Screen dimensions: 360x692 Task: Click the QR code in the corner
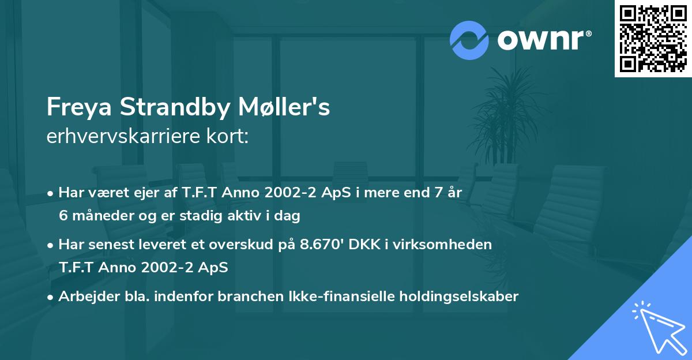(653, 39)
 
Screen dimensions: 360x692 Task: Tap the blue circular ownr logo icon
(469, 39)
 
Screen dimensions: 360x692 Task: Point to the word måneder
(97, 216)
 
